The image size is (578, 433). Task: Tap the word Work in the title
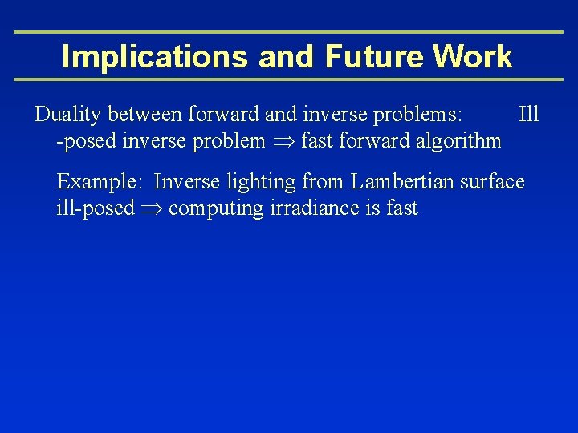[473, 56]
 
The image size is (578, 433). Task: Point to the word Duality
[68, 115]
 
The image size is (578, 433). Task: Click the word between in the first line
[145, 115]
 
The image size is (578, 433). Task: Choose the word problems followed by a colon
[417, 115]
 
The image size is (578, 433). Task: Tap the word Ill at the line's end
[529, 115]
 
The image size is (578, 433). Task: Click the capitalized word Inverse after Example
[186, 182]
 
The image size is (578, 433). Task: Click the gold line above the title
[289, 32]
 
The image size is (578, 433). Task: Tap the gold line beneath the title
[289, 79]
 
